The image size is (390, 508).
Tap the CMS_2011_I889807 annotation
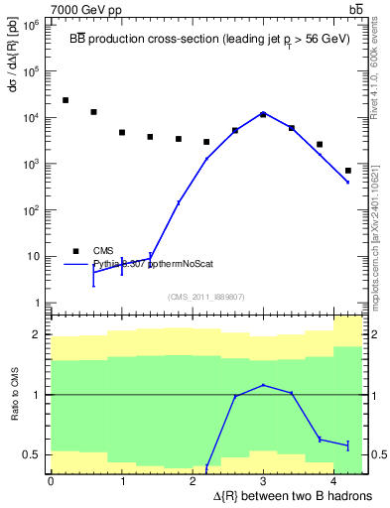205,296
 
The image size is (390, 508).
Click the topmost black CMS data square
65,100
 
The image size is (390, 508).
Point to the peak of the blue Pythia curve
263,113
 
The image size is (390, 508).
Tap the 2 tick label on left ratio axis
38,334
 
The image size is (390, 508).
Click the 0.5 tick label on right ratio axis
377,455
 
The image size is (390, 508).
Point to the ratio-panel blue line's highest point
263,385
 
